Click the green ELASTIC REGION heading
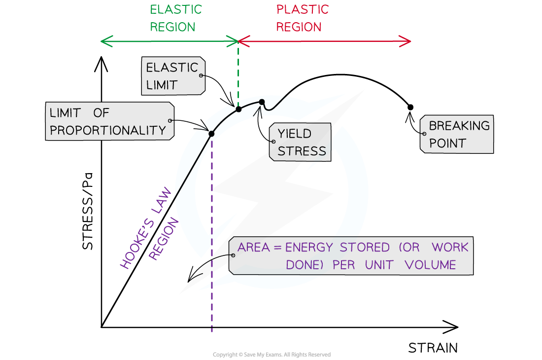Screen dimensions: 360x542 pyautogui.click(x=175, y=18)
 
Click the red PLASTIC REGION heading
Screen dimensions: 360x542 pyautogui.click(x=302, y=18)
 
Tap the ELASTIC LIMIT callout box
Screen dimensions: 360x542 pyautogui.click(x=174, y=76)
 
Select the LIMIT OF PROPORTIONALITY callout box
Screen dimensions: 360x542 pyautogui.click(x=109, y=121)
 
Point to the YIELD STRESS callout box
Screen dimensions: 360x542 pyautogui.click(x=300, y=142)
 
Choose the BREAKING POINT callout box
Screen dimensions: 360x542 pyautogui.click(x=457, y=135)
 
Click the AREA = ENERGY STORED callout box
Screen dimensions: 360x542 pyautogui.click(x=350, y=256)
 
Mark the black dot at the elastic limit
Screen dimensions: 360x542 pyautogui.click(x=238, y=109)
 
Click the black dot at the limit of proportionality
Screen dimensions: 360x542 pyautogui.click(x=211, y=134)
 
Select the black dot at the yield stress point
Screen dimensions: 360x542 pyautogui.click(x=262, y=103)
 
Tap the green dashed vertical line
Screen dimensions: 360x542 pyautogui.click(x=238, y=74)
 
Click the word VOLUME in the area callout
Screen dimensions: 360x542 pyautogui.click(x=430, y=265)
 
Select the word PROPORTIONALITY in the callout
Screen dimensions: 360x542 pyautogui.click(x=108, y=130)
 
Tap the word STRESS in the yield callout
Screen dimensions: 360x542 pyautogui.click(x=302, y=151)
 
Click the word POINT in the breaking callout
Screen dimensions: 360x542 pyautogui.click(x=447, y=144)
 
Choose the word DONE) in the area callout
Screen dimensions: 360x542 pyautogui.click(x=305, y=265)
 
